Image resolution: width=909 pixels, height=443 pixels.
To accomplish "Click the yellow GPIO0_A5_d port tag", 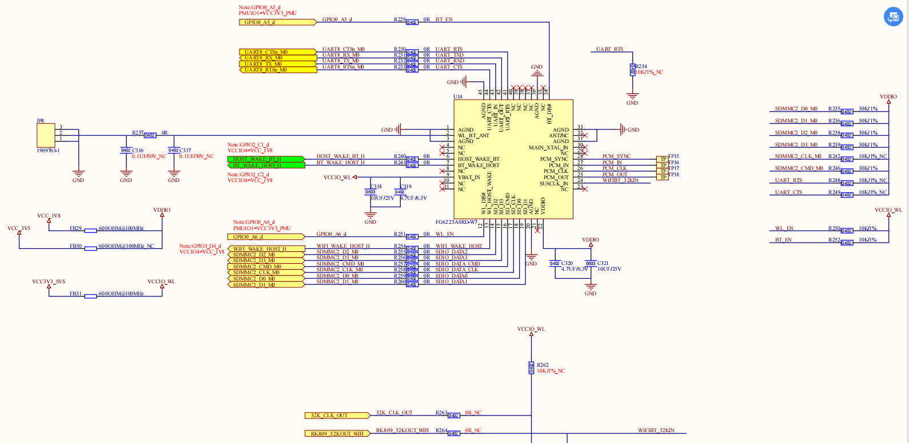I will tap(277, 22).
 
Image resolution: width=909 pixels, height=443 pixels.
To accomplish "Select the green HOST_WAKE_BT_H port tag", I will tap(265, 159).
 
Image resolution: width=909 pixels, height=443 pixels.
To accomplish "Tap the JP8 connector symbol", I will tap(46, 136).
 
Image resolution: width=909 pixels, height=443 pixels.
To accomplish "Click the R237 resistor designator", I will tap(138, 133).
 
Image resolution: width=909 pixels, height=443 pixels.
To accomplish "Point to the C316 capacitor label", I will tap(138, 151).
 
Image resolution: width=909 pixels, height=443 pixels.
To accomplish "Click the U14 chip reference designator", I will tap(458, 97).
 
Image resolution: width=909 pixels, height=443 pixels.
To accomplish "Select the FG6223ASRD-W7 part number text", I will tap(456, 222).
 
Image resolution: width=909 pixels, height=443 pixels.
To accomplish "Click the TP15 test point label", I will tap(673, 156).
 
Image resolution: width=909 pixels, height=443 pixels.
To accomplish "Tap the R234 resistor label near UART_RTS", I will tap(641, 66).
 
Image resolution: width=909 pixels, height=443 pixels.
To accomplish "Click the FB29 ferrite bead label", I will tap(75, 228).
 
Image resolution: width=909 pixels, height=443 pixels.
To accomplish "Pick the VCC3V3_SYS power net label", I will tap(49, 282).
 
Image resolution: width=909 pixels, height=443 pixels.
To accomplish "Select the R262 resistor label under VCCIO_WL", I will tap(543, 365).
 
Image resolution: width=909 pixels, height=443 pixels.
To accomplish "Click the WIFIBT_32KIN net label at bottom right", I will tap(656, 430).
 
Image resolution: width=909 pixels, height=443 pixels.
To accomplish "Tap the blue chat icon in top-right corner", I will tap(893, 17).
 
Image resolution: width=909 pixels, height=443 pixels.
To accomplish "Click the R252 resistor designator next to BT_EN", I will tap(834, 240).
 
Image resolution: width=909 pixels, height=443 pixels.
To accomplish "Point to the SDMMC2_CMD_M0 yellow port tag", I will tap(266, 267).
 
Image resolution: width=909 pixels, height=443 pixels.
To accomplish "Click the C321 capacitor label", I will tap(603, 263).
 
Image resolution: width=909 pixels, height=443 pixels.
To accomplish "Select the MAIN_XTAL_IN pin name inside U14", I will tap(548, 148).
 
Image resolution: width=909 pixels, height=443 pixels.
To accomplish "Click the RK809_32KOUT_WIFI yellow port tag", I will tap(337, 433).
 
